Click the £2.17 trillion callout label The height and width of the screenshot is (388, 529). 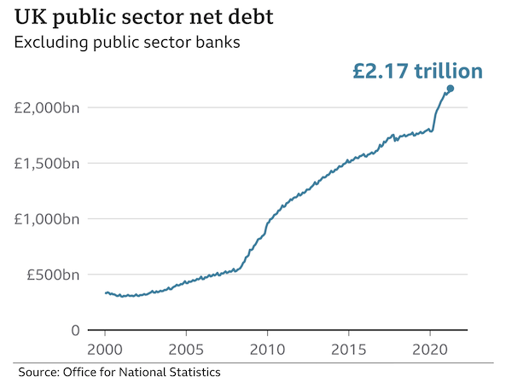click(417, 71)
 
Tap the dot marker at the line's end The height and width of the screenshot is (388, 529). click(451, 89)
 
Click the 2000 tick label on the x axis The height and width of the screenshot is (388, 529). click(105, 350)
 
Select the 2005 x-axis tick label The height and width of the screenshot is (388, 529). click(186, 350)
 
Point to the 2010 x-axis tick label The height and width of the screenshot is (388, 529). click(267, 350)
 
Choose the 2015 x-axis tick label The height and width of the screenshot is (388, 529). click(348, 350)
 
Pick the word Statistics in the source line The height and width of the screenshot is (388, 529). click(194, 373)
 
